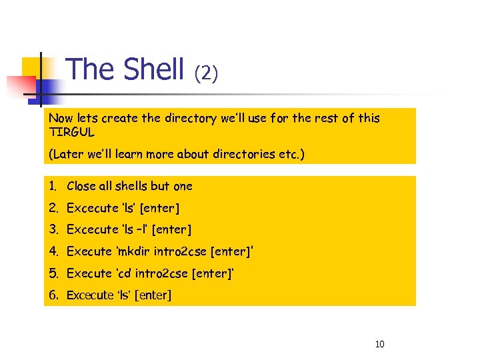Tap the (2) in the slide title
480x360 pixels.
tap(205, 73)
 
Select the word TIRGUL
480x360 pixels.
tap(72, 131)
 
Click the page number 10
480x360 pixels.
tap(380, 344)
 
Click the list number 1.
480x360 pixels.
tap(52, 186)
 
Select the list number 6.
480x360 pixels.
tap(52, 295)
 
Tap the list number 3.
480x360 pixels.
tap(52, 229)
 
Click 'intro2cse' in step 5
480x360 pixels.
tap(161, 273)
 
